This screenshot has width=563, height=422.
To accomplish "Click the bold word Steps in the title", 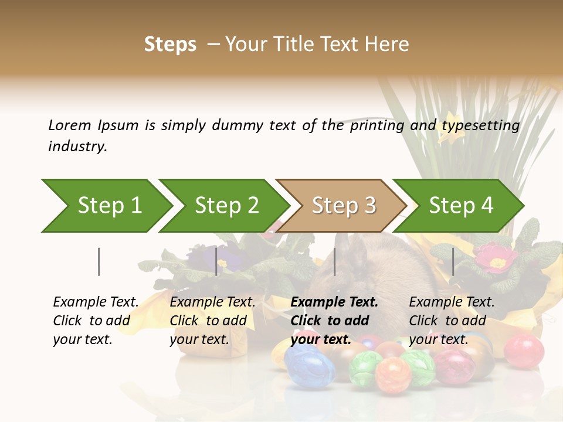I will click(170, 44).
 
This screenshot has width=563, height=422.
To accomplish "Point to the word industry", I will click(77, 147).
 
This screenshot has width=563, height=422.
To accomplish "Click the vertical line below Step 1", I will click(99, 261).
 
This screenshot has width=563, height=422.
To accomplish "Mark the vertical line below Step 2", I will click(216, 261).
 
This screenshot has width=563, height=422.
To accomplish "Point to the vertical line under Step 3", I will click(334, 261).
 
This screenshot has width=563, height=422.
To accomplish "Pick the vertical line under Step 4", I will click(453, 261).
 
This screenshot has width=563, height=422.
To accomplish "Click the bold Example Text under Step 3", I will click(334, 302).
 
